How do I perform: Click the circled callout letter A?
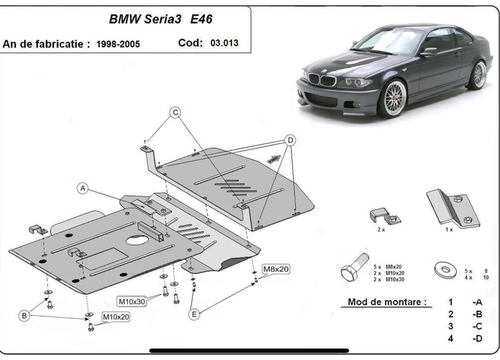(82, 189)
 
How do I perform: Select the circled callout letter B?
(24, 316)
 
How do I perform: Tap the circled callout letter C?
(175, 113)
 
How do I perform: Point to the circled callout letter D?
(290, 140)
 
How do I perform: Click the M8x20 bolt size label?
(276, 269)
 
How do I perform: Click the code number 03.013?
(224, 43)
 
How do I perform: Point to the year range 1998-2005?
(118, 44)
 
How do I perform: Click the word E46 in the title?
(201, 20)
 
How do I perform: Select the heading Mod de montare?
(387, 302)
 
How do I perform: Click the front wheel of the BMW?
(392, 99)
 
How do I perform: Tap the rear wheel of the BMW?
(478, 75)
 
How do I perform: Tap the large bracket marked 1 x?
(453, 208)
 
